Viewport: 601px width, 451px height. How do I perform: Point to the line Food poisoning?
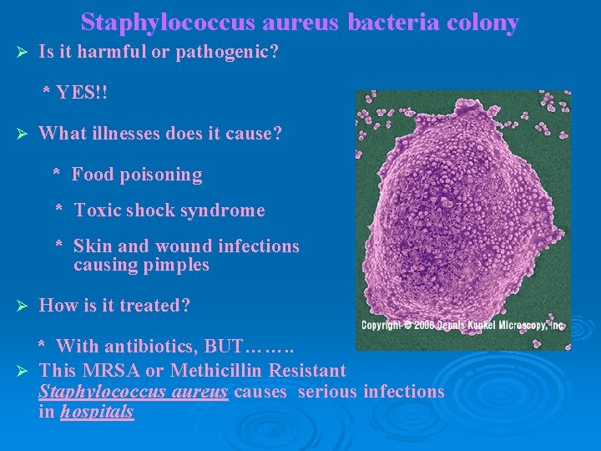(137, 175)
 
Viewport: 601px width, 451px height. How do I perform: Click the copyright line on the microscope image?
(462, 325)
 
